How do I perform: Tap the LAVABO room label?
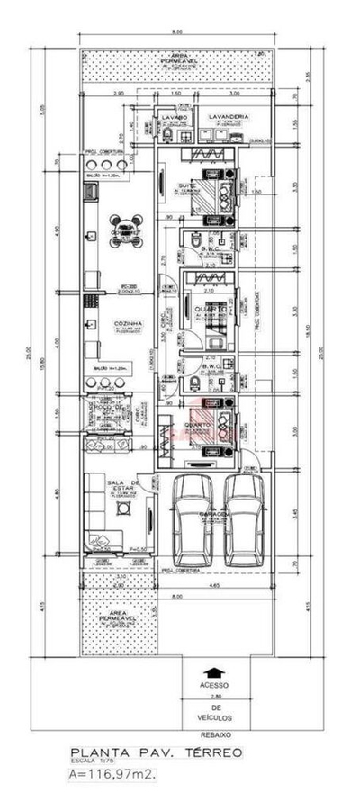[x=174, y=117]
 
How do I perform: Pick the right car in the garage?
[x=243, y=518]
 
